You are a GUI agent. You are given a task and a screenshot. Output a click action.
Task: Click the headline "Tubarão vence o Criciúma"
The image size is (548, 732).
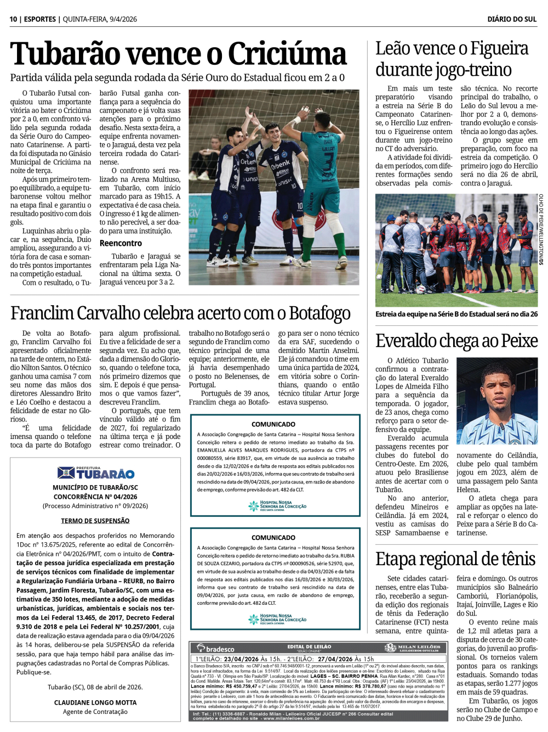click(x=178, y=54)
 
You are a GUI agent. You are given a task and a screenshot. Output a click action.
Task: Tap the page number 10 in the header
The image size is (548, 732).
click(x=13, y=19)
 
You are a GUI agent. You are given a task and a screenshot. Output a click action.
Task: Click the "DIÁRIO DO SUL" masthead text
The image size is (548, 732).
click(x=512, y=19)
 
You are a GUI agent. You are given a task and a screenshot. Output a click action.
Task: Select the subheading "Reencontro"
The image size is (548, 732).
click(x=121, y=243)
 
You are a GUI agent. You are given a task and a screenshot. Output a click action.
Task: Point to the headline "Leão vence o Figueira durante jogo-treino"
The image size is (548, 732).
click(x=452, y=59)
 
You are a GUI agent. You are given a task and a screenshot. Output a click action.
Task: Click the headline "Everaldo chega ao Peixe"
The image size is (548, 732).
click(x=456, y=341)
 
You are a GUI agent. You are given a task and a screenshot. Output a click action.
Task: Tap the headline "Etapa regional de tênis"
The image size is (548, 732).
click(x=455, y=559)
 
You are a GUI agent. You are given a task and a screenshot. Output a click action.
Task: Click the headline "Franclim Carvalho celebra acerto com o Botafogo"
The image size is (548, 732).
click(x=180, y=313)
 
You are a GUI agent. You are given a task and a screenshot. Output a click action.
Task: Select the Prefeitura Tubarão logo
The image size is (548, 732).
click(x=95, y=472)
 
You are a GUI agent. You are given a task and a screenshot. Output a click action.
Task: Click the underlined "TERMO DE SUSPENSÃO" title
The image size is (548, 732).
click(x=95, y=521)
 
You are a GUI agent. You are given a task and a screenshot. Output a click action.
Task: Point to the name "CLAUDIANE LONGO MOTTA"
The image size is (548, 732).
click(x=95, y=702)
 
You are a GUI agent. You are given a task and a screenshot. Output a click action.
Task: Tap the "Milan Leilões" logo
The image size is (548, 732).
click(x=412, y=648)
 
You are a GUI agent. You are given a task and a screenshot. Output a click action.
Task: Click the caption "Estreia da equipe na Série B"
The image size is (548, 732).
click(x=456, y=314)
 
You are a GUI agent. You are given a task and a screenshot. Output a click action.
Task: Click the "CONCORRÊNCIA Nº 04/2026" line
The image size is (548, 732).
click(x=95, y=497)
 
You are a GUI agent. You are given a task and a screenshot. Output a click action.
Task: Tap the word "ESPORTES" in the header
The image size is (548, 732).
click(x=40, y=19)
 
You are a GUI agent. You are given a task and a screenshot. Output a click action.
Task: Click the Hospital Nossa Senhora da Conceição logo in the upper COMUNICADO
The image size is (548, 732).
click(x=277, y=505)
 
